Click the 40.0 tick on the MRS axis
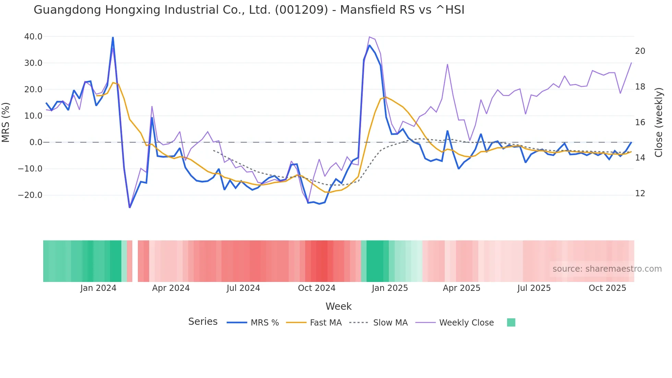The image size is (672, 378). [33, 37]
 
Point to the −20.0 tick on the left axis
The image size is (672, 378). [30, 195]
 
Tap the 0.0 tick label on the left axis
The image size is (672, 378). [36, 142]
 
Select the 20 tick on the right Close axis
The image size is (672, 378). [640, 51]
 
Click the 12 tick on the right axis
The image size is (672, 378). [640, 193]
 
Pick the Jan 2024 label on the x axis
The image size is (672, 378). [98, 288]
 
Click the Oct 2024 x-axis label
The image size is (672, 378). [316, 288]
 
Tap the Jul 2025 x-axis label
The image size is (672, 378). [534, 288]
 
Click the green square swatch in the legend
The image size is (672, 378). [511, 322]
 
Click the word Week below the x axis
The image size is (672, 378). [338, 306]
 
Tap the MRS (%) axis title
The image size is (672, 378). [6, 122]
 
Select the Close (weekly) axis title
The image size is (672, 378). [659, 122]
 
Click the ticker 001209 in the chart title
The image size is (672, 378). [301, 10]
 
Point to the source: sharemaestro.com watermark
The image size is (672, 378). [607, 269]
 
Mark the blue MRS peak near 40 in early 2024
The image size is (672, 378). [113, 37]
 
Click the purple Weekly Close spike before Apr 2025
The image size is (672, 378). [447, 64]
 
